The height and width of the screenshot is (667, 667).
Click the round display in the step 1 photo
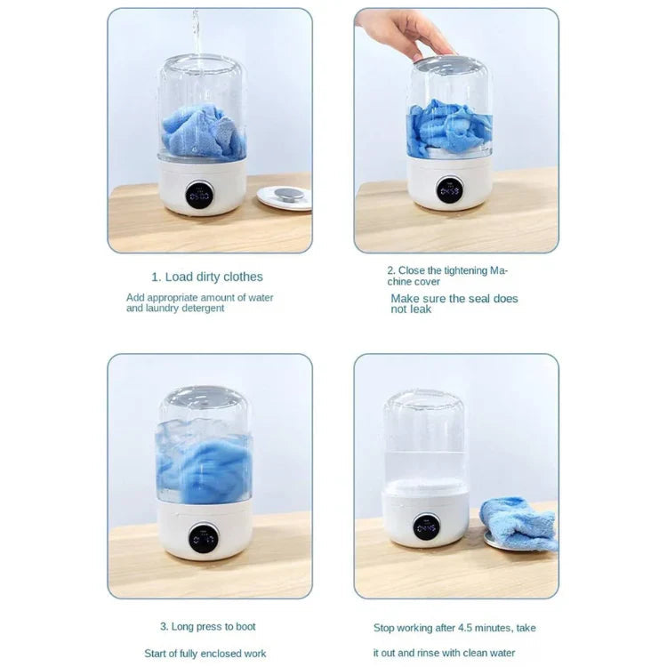pos(199,195)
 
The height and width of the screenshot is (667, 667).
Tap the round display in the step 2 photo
pos(449,189)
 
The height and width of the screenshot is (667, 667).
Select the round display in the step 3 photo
pos(204,537)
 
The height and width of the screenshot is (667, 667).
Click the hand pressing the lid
pos(405,32)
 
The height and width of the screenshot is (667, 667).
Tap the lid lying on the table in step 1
pos(285,197)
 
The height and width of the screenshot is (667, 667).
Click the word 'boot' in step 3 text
pos(244,627)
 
